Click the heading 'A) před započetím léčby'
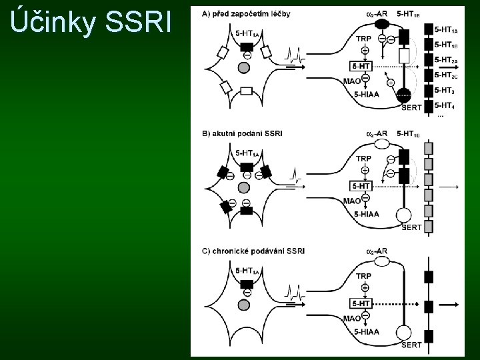pos(246,14)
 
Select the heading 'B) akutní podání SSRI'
pos(242,133)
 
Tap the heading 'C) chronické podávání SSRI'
pos(253,251)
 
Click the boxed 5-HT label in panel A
pos(361,66)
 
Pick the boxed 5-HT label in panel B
pos(361,186)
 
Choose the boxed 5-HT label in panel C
pos(361,303)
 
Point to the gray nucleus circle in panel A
pos(244,67)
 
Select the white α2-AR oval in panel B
pos(382,143)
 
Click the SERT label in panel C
pos(411,345)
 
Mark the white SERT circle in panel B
pos(404,215)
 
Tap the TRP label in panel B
pos(364,159)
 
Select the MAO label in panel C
pos(352,318)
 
